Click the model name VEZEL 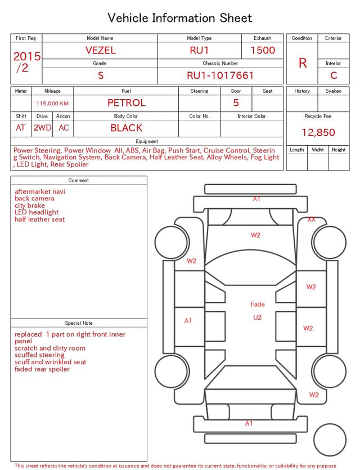pyautogui.click(x=101, y=50)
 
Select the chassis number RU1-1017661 pyautogui.click(x=220, y=75)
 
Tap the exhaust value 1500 pyautogui.click(x=263, y=50)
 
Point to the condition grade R pyautogui.click(x=303, y=63)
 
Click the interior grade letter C pyautogui.click(x=334, y=75)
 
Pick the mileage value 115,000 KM pyautogui.click(x=52, y=104)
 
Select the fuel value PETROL pyautogui.click(x=127, y=103)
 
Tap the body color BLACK pyautogui.click(x=127, y=128)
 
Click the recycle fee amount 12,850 pyautogui.click(x=318, y=132)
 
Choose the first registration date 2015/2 pyautogui.click(x=26, y=62)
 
